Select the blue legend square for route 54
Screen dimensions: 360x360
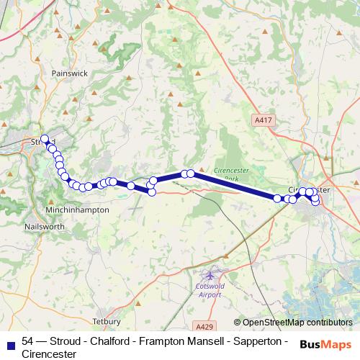(10, 343)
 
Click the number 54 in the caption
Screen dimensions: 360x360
(28, 341)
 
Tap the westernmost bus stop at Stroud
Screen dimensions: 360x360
(45, 139)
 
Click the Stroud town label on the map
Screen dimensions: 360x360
(39, 142)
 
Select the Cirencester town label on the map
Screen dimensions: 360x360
(314, 190)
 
